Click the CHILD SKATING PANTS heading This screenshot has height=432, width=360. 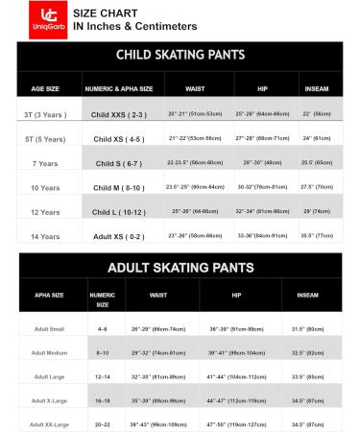click(x=180, y=56)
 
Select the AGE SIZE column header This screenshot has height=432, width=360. click(x=45, y=88)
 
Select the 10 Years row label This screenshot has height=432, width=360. click(x=45, y=187)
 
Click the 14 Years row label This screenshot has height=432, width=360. click(x=45, y=235)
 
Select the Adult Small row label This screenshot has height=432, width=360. click(x=48, y=328)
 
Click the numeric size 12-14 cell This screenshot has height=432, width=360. click(x=102, y=376)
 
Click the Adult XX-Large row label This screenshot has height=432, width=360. click(x=48, y=423)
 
